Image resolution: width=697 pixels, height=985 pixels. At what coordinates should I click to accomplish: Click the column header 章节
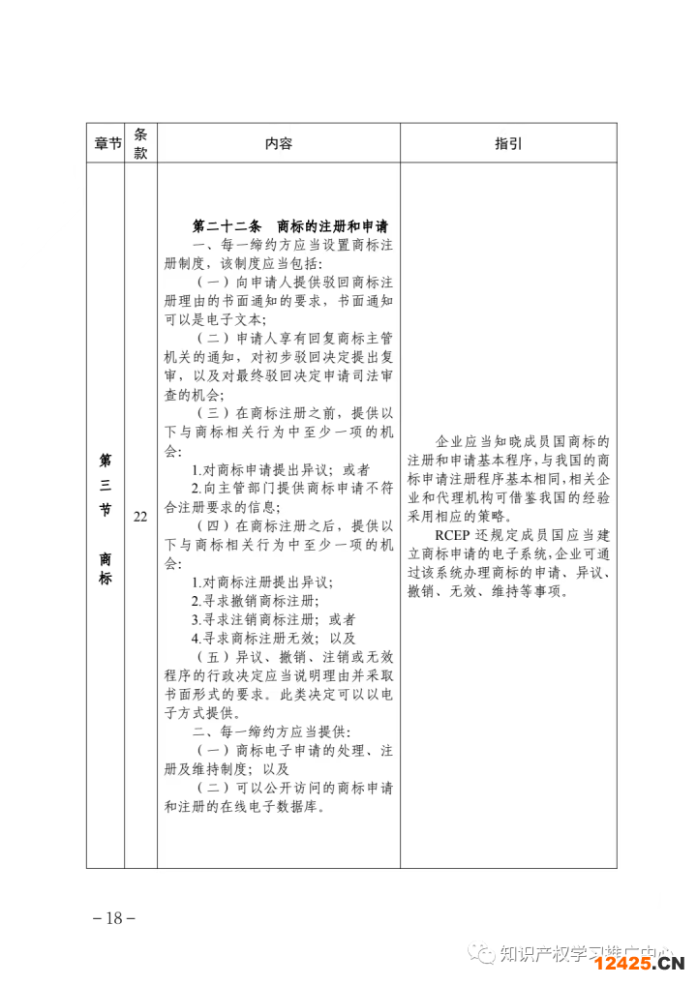tap(106, 143)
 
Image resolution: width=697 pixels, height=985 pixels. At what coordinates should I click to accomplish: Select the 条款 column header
tap(140, 143)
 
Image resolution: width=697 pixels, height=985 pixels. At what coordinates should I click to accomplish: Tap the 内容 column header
tap(278, 143)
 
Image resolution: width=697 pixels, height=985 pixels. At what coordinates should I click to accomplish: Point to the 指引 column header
tap(508, 143)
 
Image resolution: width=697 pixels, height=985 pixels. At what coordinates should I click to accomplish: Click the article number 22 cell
tap(140, 517)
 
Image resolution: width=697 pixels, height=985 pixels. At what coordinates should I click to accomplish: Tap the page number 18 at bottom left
tap(114, 918)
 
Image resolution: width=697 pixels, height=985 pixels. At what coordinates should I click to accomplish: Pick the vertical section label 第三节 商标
tap(106, 517)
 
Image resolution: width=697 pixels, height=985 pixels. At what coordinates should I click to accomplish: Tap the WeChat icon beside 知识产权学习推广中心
tap(481, 955)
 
